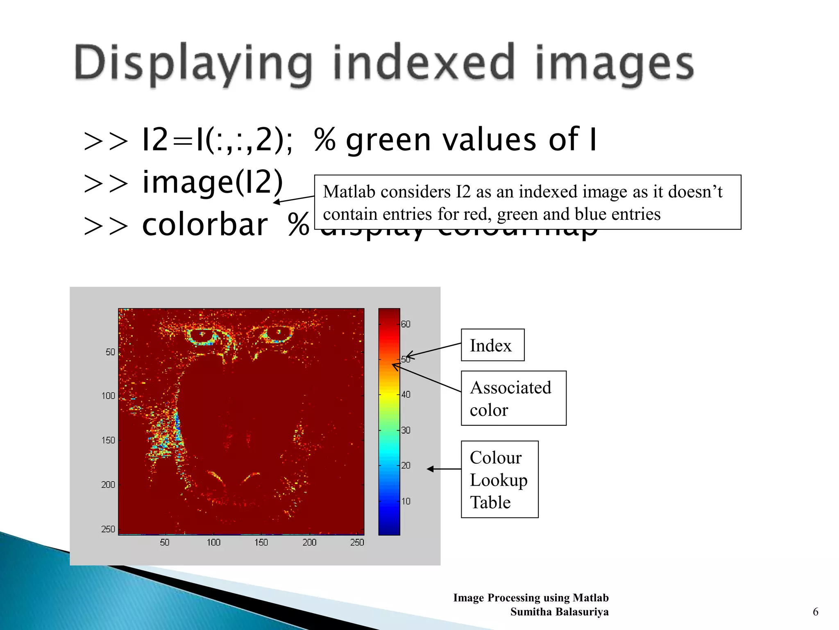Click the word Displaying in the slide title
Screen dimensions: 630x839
193,64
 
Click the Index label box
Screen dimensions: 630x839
492,345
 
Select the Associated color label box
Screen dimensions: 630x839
513,398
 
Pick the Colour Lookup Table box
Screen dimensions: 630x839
499,479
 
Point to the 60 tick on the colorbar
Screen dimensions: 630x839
406,324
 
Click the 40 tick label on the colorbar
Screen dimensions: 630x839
406,395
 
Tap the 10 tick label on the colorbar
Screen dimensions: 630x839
406,501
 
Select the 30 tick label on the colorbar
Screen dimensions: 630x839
406,430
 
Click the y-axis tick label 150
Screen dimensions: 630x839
108,440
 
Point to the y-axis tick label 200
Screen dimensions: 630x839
108,485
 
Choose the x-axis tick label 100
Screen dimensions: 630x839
213,542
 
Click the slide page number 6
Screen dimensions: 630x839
815,612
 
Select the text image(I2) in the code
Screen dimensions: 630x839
212,183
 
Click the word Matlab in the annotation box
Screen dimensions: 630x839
349,192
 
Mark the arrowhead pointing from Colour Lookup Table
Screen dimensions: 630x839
430,469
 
